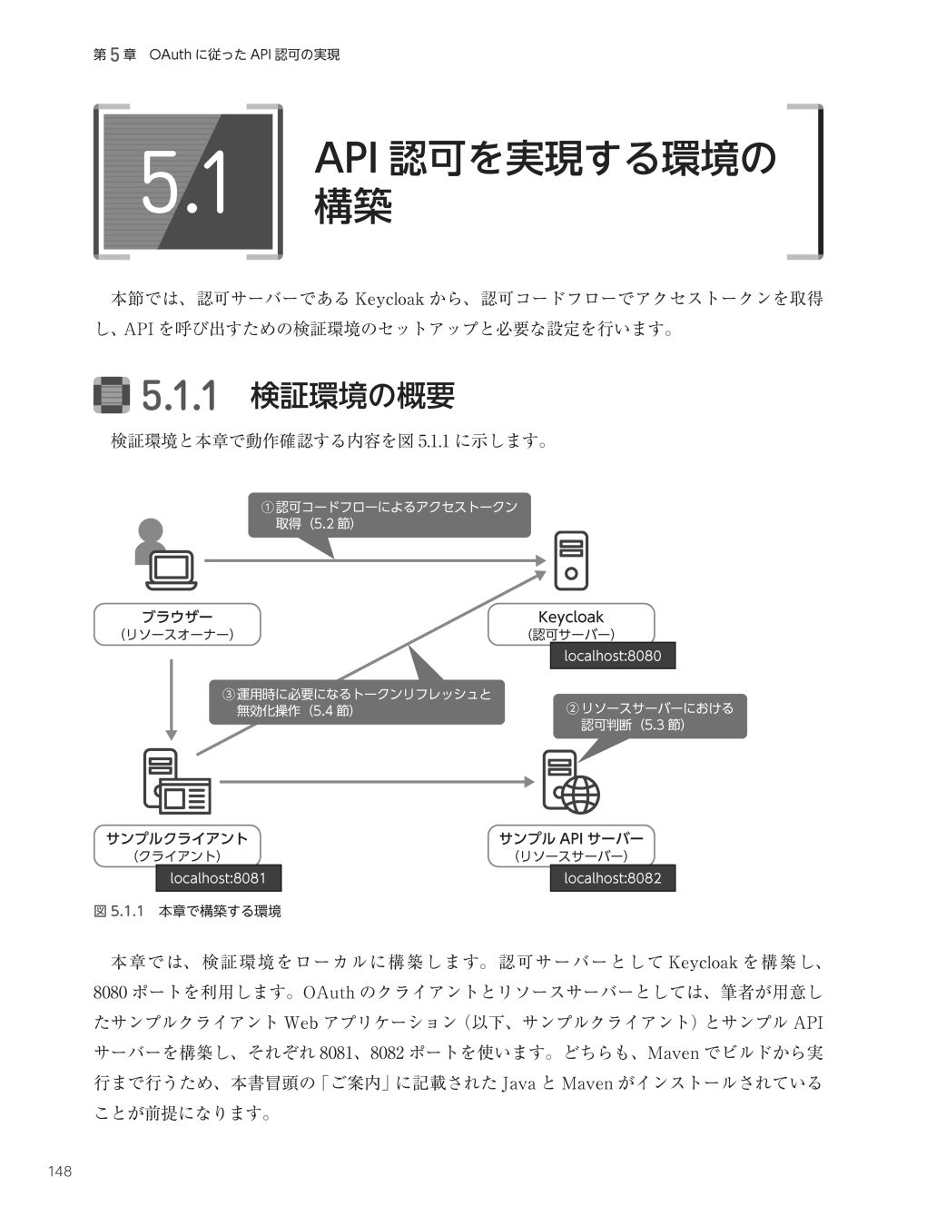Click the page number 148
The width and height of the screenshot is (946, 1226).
pyautogui.click(x=60, y=1172)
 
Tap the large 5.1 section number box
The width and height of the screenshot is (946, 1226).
pyautogui.click(x=187, y=182)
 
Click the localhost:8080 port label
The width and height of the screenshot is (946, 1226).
pyautogui.click(x=612, y=656)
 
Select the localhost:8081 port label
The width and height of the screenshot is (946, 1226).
pyautogui.click(x=218, y=878)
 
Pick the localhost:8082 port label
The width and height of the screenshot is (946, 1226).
pyautogui.click(x=612, y=878)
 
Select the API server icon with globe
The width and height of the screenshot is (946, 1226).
pyautogui.click(x=570, y=782)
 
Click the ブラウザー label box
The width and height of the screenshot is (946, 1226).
pyautogui.click(x=177, y=625)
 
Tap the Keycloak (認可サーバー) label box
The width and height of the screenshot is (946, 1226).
pyautogui.click(x=571, y=625)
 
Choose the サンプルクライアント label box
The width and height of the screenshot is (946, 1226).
pyautogui.click(x=177, y=845)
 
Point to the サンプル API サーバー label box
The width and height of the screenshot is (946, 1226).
pyautogui.click(x=571, y=845)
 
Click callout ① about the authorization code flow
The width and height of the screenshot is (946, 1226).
pyautogui.click(x=389, y=515)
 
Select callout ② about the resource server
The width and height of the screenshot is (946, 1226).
pyautogui.click(x=650, y=717)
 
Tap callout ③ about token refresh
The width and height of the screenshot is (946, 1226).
pyautogui.click(x=357, y=702)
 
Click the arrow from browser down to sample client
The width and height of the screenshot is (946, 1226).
pyautogui.click(x=172, y=699)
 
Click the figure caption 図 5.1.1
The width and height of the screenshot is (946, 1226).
pyautogui.click(x=187, y=911)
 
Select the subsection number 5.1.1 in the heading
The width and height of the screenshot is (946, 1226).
pyautogui.click(x=180, y=396)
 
